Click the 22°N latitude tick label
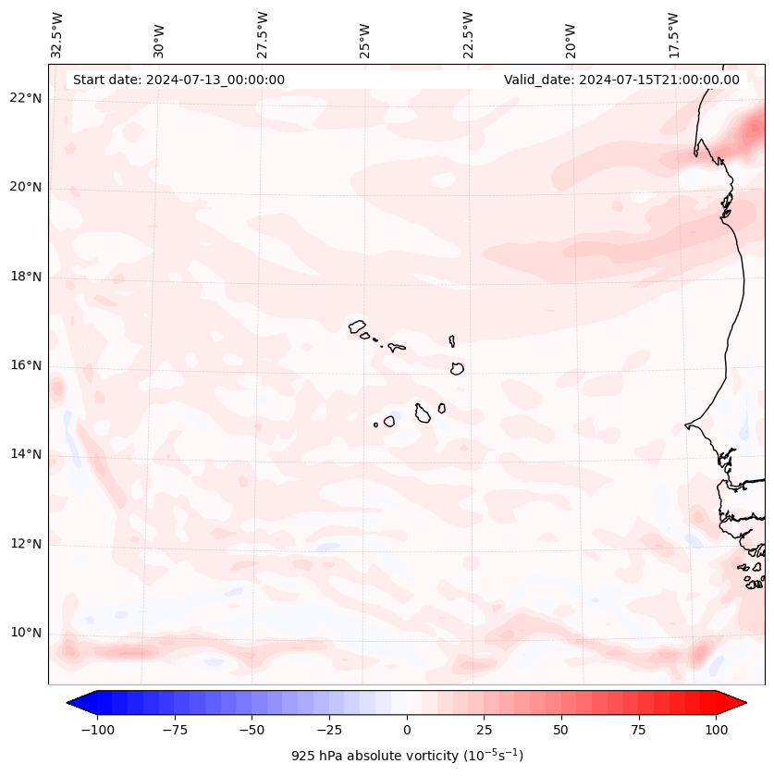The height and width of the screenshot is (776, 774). [27, 98]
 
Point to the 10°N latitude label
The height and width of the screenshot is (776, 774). [27, 634]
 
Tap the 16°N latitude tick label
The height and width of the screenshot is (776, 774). [27, 365]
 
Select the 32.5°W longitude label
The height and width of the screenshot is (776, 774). [57, 34]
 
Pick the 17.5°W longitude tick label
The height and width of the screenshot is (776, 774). [673, 34]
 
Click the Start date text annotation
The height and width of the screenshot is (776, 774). [178, 80]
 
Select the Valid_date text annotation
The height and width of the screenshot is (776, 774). [621, 80]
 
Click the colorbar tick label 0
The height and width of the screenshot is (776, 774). [407, 730]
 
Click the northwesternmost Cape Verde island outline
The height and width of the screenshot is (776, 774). [357, 326]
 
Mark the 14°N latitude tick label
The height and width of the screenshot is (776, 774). [27, 454]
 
